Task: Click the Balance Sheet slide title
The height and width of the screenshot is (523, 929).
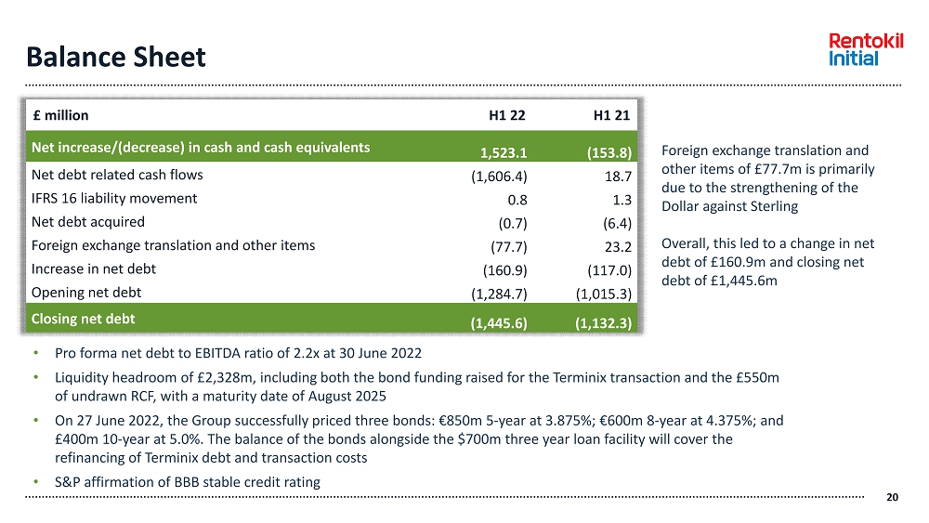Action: coord(116,58)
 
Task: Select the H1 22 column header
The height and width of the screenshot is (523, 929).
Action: coord(507,116)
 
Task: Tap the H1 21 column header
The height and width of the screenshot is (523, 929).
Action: coord(611,116)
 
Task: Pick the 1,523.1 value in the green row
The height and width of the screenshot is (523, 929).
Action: coord(504,153)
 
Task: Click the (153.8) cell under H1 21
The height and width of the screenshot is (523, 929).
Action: coord(609,153)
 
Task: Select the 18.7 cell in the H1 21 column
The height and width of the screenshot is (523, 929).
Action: coord(618,176)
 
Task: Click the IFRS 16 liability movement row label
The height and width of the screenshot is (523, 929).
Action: coord(114,198)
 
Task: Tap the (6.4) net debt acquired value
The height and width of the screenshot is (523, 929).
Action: coord(616,223)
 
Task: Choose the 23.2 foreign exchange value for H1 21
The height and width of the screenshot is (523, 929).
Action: coord(617,247)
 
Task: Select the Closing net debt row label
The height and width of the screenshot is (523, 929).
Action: coord(83,319)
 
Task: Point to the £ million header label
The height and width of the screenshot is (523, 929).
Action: coord(60,116)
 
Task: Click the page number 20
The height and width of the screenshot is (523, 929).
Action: coord(893,498)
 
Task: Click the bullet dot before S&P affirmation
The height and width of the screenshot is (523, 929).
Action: coord(35,482)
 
